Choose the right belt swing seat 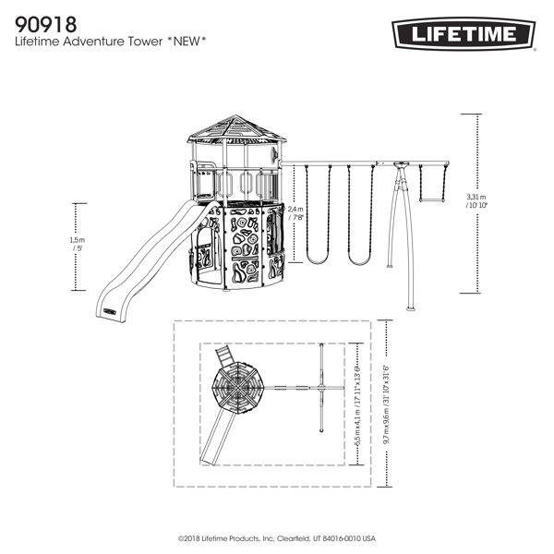click(x=360, y=261)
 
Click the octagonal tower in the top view click(x=238, y=388)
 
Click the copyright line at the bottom click(x=277, y=536)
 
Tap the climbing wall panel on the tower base click(x=245, y=245)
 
